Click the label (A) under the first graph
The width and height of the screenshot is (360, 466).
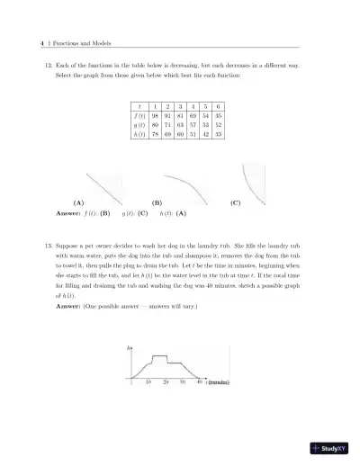click(79, 203)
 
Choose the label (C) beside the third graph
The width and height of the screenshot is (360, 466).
click(235, 203)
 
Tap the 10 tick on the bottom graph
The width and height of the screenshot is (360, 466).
click(148, 382)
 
